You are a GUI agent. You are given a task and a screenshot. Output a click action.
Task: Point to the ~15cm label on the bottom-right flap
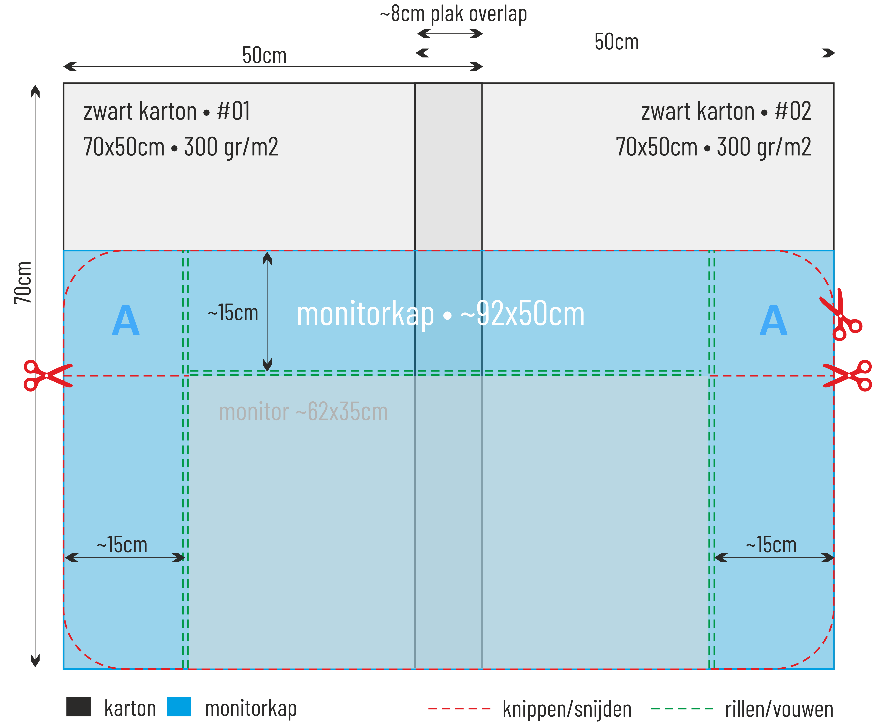click(x=771, y=545)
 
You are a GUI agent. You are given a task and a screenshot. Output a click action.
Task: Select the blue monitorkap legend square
click(x=179, y=707)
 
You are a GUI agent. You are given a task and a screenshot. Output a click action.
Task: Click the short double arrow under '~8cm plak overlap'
click(x=450, y=33)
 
